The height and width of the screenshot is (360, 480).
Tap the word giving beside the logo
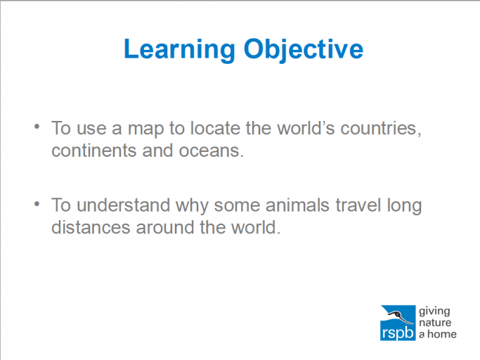(434, 311)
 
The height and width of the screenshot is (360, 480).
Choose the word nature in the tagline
(436, 322)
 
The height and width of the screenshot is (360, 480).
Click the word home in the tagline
(442, 334)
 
